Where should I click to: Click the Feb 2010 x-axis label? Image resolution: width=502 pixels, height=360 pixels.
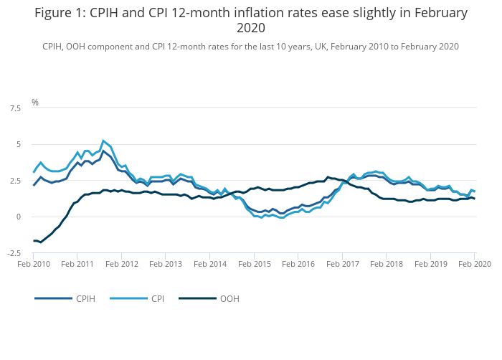tap(34, 265)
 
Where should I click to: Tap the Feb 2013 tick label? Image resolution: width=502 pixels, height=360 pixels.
tap(166, 265)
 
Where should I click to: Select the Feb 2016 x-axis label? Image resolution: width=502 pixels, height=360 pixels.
tap(298, 265)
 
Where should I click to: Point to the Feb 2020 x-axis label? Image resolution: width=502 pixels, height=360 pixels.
tap(474, 265)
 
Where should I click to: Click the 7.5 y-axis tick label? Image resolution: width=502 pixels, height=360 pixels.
tap(15, 108)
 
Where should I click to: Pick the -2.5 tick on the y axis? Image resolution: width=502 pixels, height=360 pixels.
tap(14, 253)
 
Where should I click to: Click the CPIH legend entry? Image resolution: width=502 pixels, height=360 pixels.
tap(85, 298)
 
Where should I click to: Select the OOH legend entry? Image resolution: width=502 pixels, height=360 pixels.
tap(229, 298)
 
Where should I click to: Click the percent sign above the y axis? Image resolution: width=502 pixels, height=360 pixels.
tap(35, 103)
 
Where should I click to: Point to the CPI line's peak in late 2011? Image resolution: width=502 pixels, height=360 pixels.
tap(103, 141)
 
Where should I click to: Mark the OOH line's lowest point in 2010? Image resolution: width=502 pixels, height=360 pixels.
tap(40, 242)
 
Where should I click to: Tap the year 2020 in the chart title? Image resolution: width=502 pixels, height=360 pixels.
tap(250, 28)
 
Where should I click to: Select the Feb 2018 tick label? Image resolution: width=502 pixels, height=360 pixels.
tap(387, 265)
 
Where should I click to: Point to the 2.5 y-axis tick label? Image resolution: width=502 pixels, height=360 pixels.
tap(15, 181)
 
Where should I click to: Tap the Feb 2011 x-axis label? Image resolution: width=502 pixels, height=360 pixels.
tap(78, 265)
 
